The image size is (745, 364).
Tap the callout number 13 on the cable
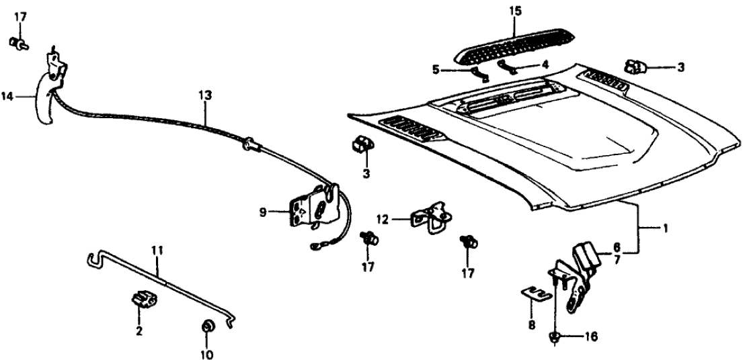click(x=204, y=96)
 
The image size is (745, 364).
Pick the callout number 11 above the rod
click(x=157, y=251)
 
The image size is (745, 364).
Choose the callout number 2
click(x=140, y=330)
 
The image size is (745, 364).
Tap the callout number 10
click(x=206, y=354)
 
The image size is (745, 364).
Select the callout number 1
click(x=666, y=229)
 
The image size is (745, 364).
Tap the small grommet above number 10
click(x=207, y=328)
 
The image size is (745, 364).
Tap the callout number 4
click(x=545, y=65)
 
